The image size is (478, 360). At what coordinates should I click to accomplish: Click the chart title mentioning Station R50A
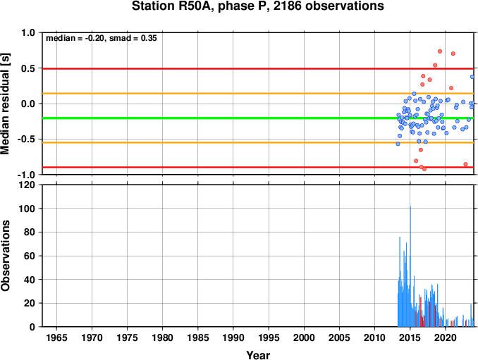257,6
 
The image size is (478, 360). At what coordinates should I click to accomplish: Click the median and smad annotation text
102,38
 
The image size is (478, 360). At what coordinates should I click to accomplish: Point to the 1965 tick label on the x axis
56,337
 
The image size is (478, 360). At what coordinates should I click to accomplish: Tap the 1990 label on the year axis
233,337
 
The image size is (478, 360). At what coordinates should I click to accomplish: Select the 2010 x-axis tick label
374,337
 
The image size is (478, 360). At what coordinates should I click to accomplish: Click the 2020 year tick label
446,337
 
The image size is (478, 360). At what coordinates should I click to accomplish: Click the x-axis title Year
258,355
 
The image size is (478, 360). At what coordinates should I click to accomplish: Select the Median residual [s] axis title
5,104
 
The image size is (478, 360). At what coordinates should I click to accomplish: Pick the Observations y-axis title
5,256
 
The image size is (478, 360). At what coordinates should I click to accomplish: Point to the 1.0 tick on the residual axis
28,32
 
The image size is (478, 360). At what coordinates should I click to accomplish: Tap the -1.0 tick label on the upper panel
27,175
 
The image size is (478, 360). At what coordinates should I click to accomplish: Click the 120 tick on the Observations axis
27,185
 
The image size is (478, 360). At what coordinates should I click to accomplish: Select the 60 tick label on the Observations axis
30,256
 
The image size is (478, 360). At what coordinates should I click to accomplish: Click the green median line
258,118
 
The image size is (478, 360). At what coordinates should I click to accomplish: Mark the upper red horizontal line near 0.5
258,69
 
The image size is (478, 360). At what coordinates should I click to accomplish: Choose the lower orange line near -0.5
258,142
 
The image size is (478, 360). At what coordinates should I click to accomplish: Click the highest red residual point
440,51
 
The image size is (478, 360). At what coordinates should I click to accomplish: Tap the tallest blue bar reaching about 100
410,266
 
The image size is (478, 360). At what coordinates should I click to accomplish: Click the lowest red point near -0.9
424,169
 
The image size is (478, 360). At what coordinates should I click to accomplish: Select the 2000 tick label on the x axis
304,337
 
